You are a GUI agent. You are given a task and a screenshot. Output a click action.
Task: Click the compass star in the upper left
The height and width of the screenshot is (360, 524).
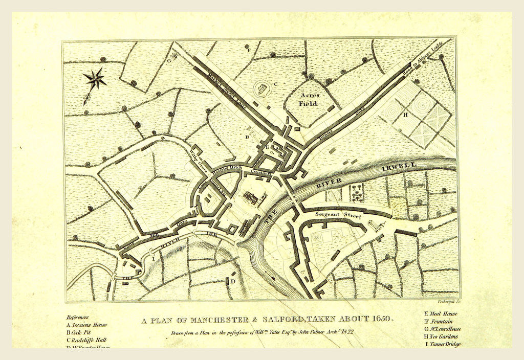[95, 79]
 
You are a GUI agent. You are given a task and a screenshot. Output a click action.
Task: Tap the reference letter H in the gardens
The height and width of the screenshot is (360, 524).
[405, 115]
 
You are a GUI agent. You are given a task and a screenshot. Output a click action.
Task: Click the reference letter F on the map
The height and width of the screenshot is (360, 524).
[248, 51]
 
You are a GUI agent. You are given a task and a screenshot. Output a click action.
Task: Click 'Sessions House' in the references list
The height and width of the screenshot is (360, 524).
[90, 325]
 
